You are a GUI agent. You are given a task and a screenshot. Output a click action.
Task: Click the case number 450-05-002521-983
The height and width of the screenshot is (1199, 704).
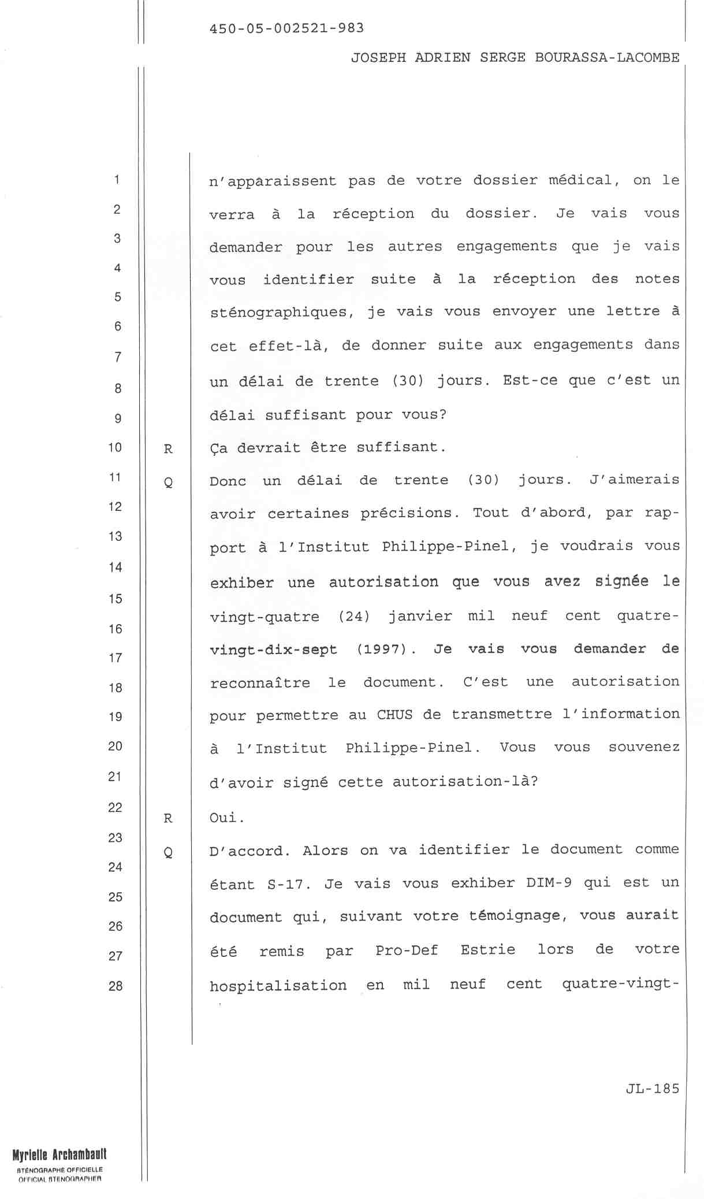pos(286,28)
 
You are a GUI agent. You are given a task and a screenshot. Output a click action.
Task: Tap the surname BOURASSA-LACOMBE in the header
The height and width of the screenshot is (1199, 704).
pos(607,58)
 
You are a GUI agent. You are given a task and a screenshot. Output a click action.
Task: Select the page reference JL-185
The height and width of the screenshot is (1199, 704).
pos(652,1089)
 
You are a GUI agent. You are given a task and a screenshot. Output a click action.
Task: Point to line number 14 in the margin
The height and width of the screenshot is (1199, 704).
pos(116,567)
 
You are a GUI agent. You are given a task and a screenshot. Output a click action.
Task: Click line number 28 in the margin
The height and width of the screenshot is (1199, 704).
pos(116,986)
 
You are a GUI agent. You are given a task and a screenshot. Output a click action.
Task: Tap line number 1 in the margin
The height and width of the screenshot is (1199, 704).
pos(117,180)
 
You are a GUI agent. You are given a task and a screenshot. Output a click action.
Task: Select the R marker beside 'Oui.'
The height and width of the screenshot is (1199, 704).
pos(168,818)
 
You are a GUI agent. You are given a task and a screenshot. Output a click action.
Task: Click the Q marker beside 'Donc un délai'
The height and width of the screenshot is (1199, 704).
pos(168,482)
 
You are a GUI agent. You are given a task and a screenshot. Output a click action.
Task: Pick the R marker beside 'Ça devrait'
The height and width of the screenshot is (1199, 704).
pos(168,449)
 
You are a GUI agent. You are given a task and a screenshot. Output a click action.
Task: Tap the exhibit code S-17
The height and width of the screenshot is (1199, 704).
pos(286,884)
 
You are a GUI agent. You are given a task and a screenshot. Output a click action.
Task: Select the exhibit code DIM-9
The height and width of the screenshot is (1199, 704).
pos(549,883)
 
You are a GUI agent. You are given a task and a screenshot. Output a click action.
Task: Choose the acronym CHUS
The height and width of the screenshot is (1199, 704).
pos(394,715)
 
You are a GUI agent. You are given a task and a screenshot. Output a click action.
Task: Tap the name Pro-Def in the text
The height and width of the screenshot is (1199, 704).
pos(407,951)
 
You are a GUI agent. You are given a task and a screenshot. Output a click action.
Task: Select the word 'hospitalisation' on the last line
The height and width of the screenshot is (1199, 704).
pos(278,985)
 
